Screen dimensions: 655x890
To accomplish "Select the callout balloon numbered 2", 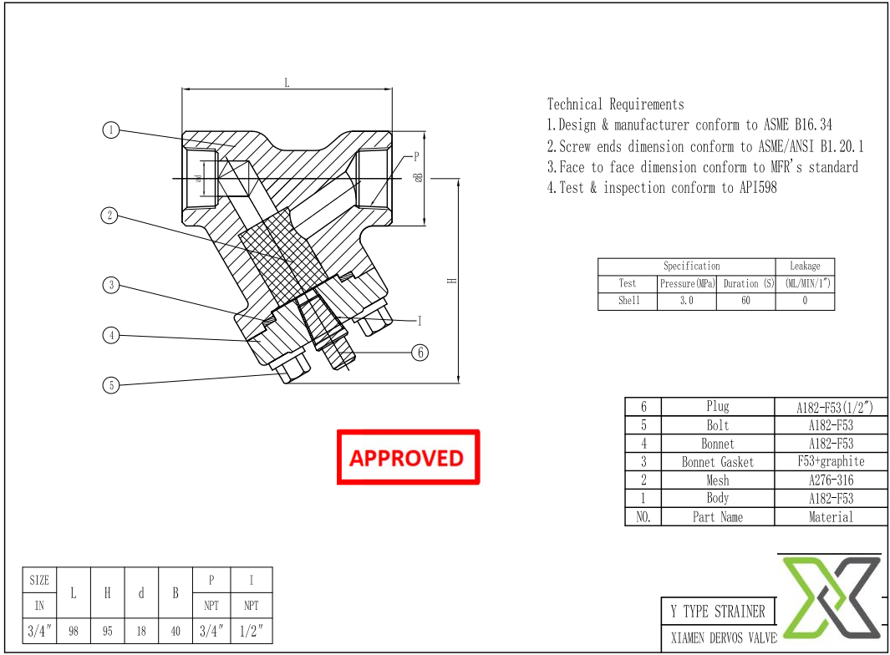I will (x=109, y=216).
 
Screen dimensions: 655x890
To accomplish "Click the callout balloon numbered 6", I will (x=420, y=353).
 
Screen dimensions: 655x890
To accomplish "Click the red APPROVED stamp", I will (x=408, y=457).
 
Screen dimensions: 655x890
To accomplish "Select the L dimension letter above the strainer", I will (x=287, y=83).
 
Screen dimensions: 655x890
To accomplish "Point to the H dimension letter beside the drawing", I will (x=452, y=281).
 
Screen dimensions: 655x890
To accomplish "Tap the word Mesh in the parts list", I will (x=717, y=480).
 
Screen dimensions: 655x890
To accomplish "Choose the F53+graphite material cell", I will (x=831, y=461).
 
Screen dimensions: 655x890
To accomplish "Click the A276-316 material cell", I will (x=831, y=480).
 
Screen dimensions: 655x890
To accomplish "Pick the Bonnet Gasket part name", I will (x=717, y=462).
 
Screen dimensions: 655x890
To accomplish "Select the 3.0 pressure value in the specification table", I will (x=686, y=301).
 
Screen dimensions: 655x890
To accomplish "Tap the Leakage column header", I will (x=805, y=266).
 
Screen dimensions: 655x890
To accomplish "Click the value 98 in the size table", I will (x=74, y=632).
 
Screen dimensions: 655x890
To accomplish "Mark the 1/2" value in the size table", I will (x=251, y=632).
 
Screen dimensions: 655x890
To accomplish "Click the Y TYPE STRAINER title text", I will (x=717, y=612).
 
